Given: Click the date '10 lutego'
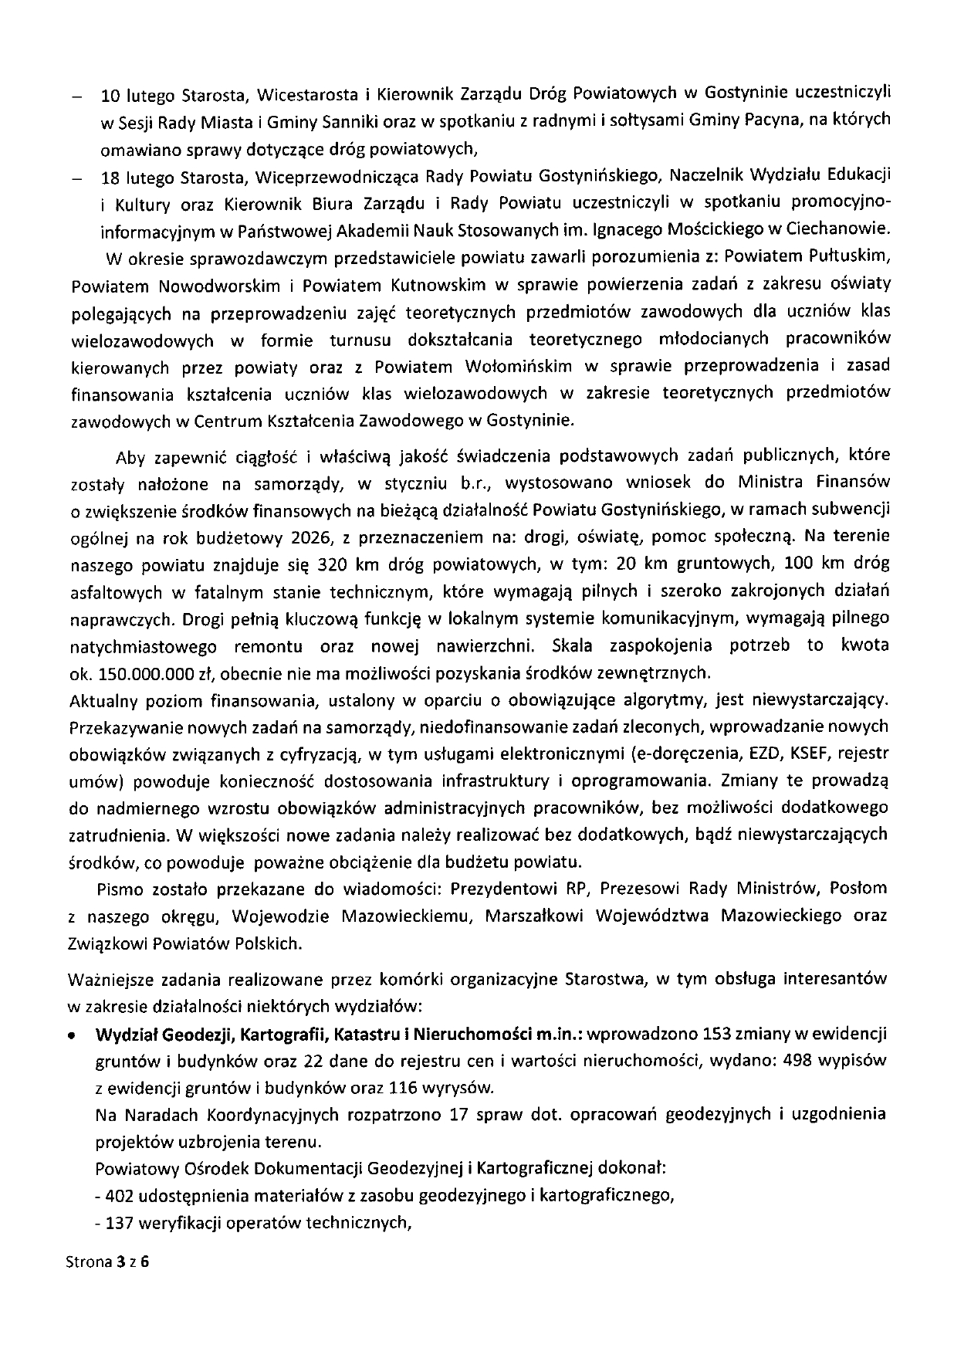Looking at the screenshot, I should pyautogui.click(x=128, y=96).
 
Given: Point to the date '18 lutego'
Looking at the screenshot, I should pyautogui.click(x=128, y=176).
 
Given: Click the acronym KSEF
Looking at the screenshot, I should pyautogui.click(x=813, y=753).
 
